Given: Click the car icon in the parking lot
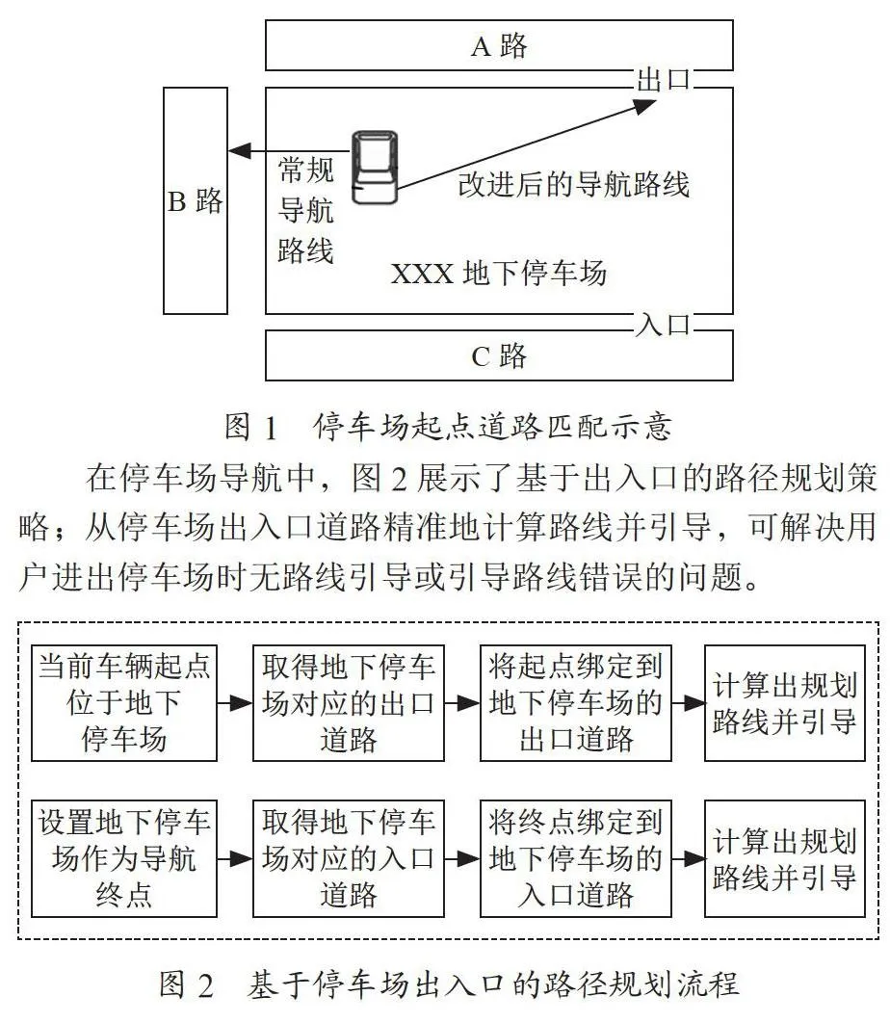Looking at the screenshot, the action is [x=375, y=167].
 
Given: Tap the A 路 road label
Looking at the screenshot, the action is [x=499, y=45].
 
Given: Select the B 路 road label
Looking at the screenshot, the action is [x=196, y=201].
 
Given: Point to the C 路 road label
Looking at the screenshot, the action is [x=499, y=355].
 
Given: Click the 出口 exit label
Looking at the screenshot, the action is [x=663, y=79].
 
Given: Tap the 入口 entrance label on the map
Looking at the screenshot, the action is [x=663, y=324].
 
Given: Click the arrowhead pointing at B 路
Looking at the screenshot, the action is [x=240, y=151].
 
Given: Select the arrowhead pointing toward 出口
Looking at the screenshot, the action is [x=645, y=104].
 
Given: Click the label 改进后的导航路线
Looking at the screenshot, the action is [x=573, y=184].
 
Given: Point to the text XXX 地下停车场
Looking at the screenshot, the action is [x=499, y=273].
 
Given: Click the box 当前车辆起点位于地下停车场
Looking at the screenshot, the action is [x=124, y=703].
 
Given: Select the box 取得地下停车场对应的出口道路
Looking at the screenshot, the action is [x=349, y=703].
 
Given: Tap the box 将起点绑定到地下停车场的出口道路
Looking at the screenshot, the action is [x=575, y=703].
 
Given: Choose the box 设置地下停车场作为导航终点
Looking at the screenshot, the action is [x=124, y=858].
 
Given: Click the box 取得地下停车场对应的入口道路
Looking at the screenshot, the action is [x=349, y=858].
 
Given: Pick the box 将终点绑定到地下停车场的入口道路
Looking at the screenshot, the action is [x=575, y=858].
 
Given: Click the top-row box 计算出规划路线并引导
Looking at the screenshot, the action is [x=785, y=703].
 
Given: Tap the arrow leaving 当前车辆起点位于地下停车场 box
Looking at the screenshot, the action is [x=235, y=703].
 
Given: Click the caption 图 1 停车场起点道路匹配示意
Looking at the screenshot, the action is [x=448, y=427].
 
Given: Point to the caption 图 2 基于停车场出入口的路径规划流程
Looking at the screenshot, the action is [x=449, y=984].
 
